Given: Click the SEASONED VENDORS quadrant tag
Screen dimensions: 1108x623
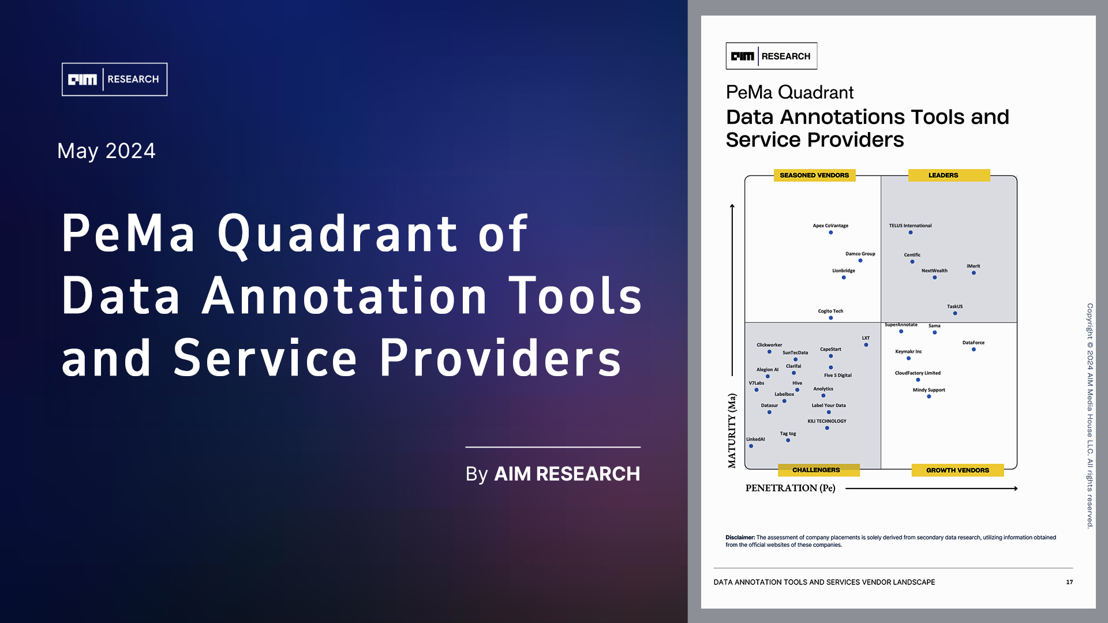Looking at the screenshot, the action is click(814, 175).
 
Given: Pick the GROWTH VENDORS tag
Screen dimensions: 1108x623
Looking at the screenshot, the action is click(957, 470).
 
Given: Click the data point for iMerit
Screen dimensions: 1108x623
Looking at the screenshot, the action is click(974, 273).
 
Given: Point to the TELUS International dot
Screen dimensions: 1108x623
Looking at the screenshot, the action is click(911, 232).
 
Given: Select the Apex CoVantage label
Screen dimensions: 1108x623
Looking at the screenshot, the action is click(830, 226).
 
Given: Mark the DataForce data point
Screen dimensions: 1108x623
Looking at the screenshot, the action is click(974, 350).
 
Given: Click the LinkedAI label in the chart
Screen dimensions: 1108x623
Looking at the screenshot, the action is click(755, 439).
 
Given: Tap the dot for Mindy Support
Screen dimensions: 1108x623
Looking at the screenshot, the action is click(929, 396).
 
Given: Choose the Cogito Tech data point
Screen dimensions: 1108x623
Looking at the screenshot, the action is click(831, 318).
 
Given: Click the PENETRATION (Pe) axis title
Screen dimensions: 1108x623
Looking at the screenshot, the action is click(791, 488).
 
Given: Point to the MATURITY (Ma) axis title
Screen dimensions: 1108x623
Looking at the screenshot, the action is click(732, 430).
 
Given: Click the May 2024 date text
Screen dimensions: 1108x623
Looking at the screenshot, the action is click(106, 151).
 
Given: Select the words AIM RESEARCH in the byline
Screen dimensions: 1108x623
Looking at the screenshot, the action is click(567, 474).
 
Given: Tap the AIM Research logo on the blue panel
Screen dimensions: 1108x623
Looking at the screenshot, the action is click(114, 79).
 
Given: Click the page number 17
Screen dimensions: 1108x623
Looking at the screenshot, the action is click(1069, 582).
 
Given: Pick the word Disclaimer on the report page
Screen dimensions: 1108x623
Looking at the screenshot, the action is click(740, 537).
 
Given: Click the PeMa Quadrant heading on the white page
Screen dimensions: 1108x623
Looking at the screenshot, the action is click(789, 92).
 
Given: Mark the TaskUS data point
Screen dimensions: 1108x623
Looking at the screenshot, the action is click(955, 313).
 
